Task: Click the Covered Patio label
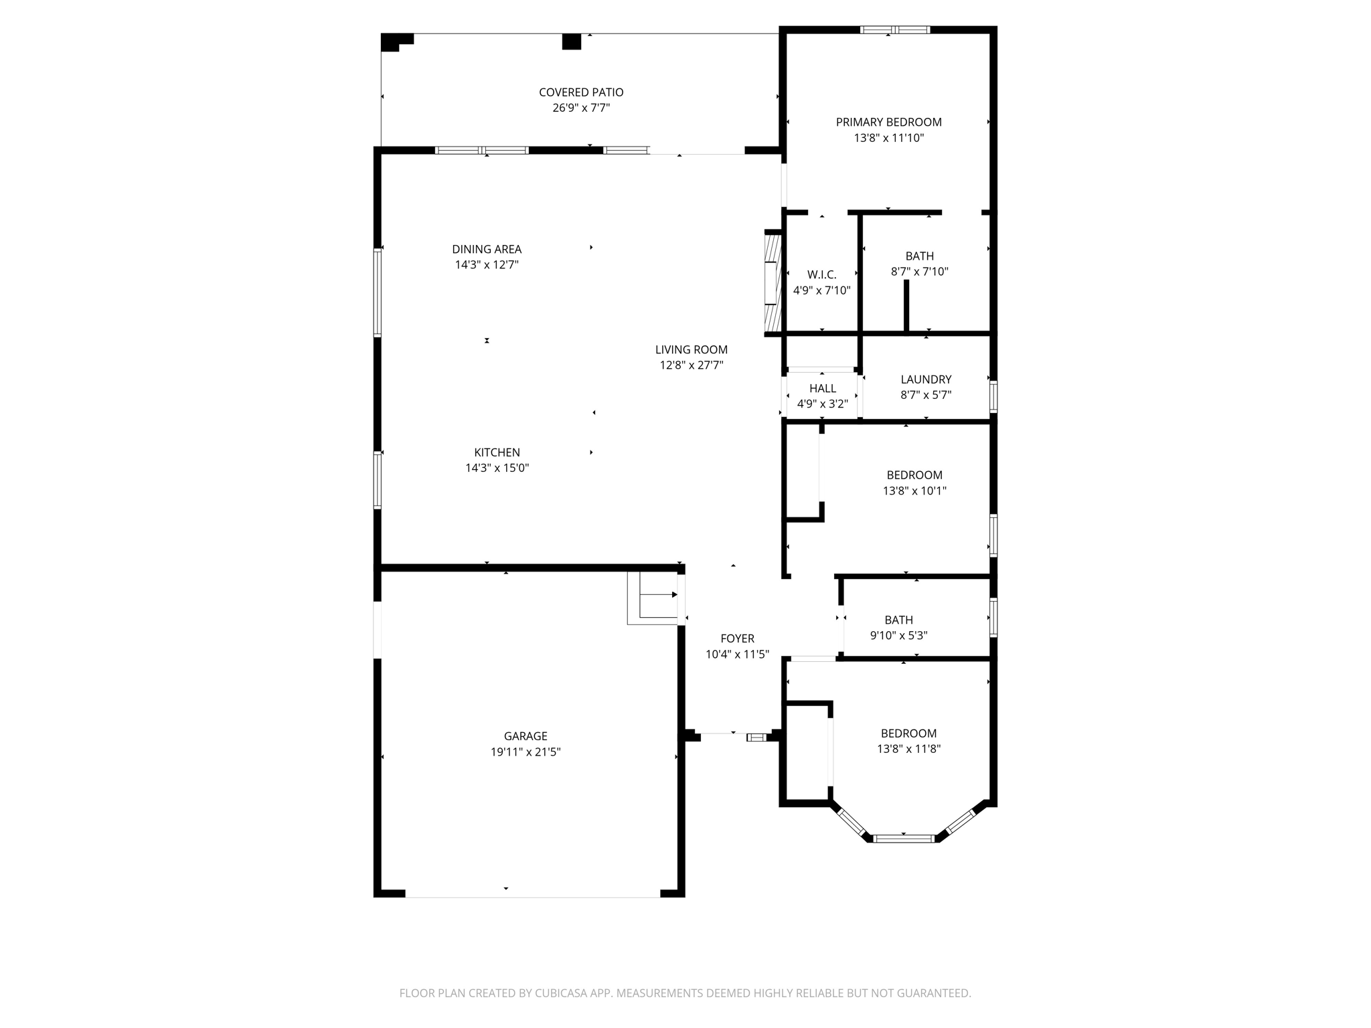click(x=580, y=92)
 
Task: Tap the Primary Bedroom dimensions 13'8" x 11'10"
click(x=888, y=138)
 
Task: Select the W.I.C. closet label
click(x=821, y=274)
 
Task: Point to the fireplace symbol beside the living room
click(x=773, y=282)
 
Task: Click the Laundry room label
click(x=926, y=379)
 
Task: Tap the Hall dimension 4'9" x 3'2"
click(x=822, y=404)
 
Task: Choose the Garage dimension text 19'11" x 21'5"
click(x=525, y=752)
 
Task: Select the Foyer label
click(x=737, y=638)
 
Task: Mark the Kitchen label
click(x=497, y=452)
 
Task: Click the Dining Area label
click(x=486, y=249)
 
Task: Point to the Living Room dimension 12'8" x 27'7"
click(x=691, y=365)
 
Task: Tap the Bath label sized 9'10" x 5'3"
click(x=898, y=620)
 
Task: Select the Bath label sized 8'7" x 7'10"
click(x=919, y=256)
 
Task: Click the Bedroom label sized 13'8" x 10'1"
click(x=914, y=475)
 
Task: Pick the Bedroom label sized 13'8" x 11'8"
click(x=908, y=734)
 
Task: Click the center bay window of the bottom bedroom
click(x=904, y=839)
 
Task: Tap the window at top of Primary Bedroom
click(x=894, y=29)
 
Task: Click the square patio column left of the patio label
click(x=571, y=41)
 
